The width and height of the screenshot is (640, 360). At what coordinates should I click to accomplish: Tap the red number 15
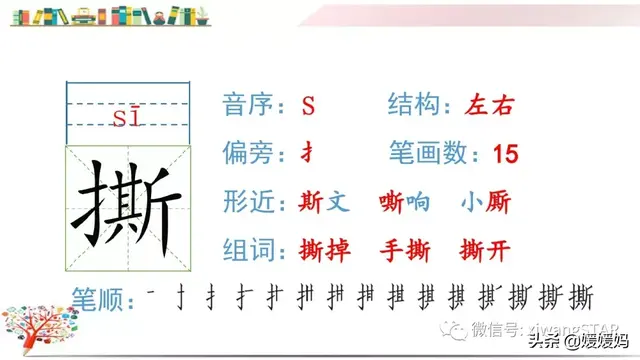click(x=506, y=154)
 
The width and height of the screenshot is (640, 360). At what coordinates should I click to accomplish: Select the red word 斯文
click(x=324, y=202)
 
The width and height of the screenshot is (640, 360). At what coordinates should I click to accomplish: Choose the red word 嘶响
click(x=405, y=202)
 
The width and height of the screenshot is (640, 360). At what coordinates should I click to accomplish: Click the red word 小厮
click(x=485, y=202)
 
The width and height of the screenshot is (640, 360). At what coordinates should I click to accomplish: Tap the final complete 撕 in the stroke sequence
click(x=580, y=298)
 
